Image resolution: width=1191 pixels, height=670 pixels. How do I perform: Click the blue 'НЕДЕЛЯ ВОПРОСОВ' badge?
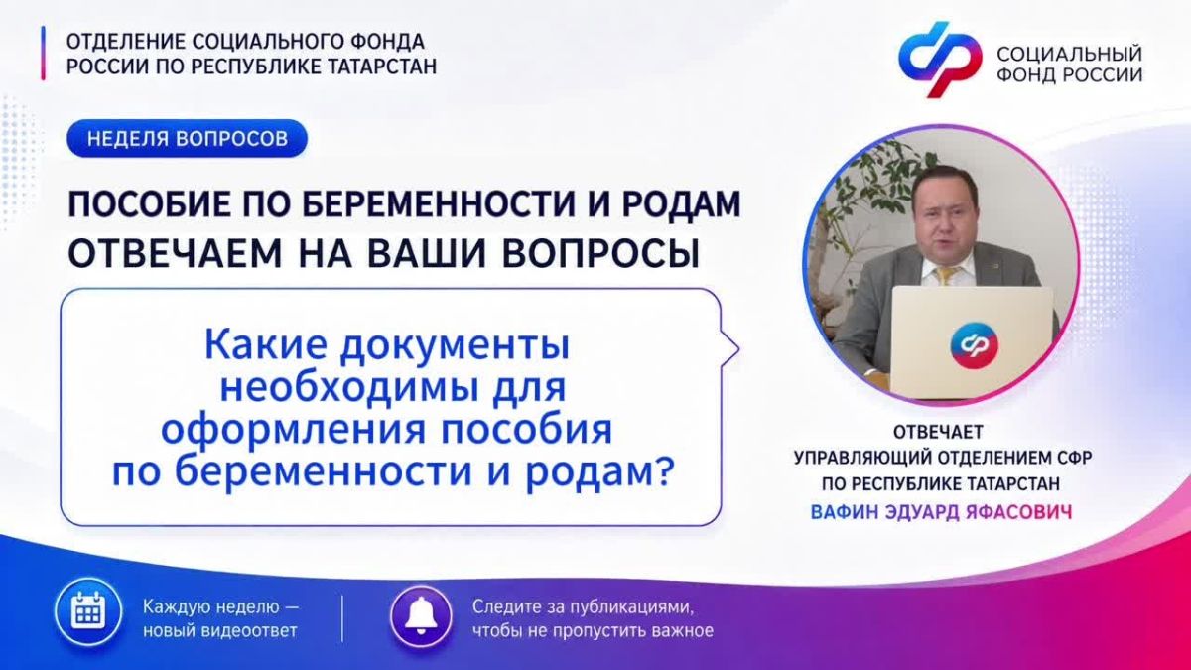(x=188, y=138)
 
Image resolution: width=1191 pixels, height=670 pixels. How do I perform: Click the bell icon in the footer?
(x=421, y=616)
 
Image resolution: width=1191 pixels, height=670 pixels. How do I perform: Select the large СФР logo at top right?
(x=940, y=59)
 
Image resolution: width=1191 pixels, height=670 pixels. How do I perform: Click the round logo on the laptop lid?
(x=974, y=346)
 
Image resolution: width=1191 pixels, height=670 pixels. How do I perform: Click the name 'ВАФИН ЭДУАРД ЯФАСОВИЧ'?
(x=941, y=512)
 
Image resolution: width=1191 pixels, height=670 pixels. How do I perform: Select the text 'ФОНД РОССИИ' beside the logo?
(x=1069, y=74)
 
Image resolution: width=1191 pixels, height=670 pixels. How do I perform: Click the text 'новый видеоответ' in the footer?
(x=220, y=631)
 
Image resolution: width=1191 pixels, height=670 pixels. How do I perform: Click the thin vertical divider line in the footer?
(x=341, y=617)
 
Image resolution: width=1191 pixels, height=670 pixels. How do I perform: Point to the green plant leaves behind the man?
(x=877, y=176)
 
